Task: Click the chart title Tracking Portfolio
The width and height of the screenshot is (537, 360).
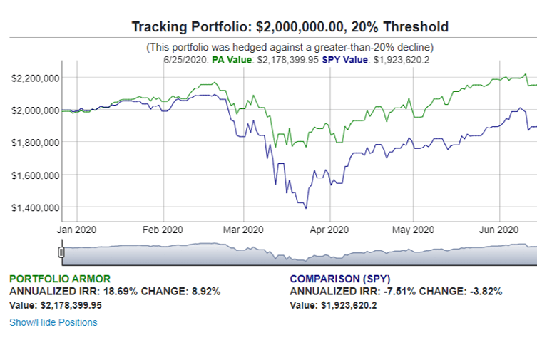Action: (x=290, y=27)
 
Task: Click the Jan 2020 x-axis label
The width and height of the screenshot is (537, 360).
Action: (x=76, y=230)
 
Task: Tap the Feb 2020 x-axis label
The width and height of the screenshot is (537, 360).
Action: (x=163, y=230)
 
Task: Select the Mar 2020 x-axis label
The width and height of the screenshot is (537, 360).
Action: (x=243, y=230)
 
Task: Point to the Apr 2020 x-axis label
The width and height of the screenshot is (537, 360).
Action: (x=330, y=230)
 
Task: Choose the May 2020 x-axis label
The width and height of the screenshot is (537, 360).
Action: (x=414, y=230)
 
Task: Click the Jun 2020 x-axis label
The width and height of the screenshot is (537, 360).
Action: (x=498, y=230)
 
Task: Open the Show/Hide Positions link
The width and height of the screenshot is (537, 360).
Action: (x=53, y=322)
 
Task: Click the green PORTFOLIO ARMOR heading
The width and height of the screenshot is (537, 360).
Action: (x=60, y=279)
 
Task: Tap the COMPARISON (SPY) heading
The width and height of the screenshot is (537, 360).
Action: (x=340, y=279)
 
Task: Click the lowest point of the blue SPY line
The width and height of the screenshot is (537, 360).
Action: (x=306, y=207)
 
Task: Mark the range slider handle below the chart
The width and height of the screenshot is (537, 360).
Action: (x=61, y=252)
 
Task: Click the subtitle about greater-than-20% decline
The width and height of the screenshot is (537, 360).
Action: (x=290, y=47)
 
